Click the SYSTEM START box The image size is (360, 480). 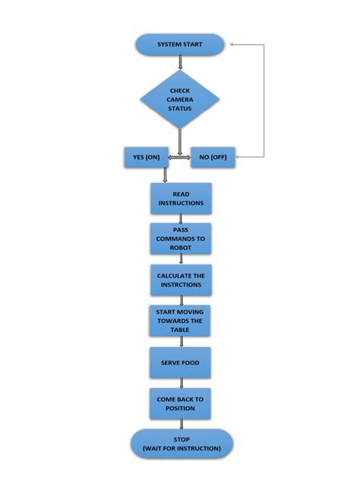[x=180, y=44]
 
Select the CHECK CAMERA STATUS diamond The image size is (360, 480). [x=180, y=99]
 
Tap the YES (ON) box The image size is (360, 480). [x=146, y=158]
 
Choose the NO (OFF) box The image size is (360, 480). [x=213, y=158]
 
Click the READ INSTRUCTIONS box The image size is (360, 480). [x=180, y=199]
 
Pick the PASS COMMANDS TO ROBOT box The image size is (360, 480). [x=180, y=239]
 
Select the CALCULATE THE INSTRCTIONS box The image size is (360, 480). [x=180, y=280]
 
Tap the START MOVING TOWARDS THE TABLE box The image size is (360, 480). [x=180, y=321]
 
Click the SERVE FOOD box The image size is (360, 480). [x=180, y=363]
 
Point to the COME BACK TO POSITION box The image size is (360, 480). [x=180, y=404]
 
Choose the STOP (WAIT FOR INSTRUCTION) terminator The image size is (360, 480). [x=180, y=444]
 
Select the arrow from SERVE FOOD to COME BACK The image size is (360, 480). [x=181, y=383]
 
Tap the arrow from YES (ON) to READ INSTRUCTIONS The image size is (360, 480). [x=165, y=175]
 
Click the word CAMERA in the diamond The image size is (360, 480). [x=180, y=99]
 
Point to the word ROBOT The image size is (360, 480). [x=180, y=248]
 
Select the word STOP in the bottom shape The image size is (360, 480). [x=180, y=439]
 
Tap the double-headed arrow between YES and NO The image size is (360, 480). [x=179, y=158]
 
